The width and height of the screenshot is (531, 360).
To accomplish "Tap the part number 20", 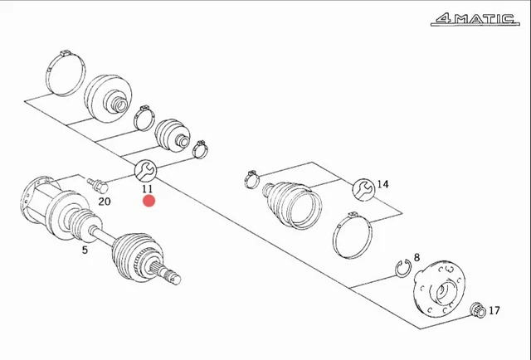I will [104, 201].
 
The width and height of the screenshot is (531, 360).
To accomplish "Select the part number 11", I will [147, 188].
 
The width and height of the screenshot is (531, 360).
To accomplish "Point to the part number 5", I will [84, 249].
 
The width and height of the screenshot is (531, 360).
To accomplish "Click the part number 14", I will [382, 184].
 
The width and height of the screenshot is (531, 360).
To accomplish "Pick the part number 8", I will [417, 258].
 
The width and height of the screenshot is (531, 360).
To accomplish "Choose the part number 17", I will [494, 311].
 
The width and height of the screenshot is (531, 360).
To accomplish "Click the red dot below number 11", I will [149, 202].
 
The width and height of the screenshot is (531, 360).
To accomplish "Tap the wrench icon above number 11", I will [144, 171].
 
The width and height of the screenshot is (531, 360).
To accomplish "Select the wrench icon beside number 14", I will [363, 189].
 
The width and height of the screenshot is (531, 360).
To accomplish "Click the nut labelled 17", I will [477, 311].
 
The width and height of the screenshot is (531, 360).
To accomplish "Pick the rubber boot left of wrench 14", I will [292, 202].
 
